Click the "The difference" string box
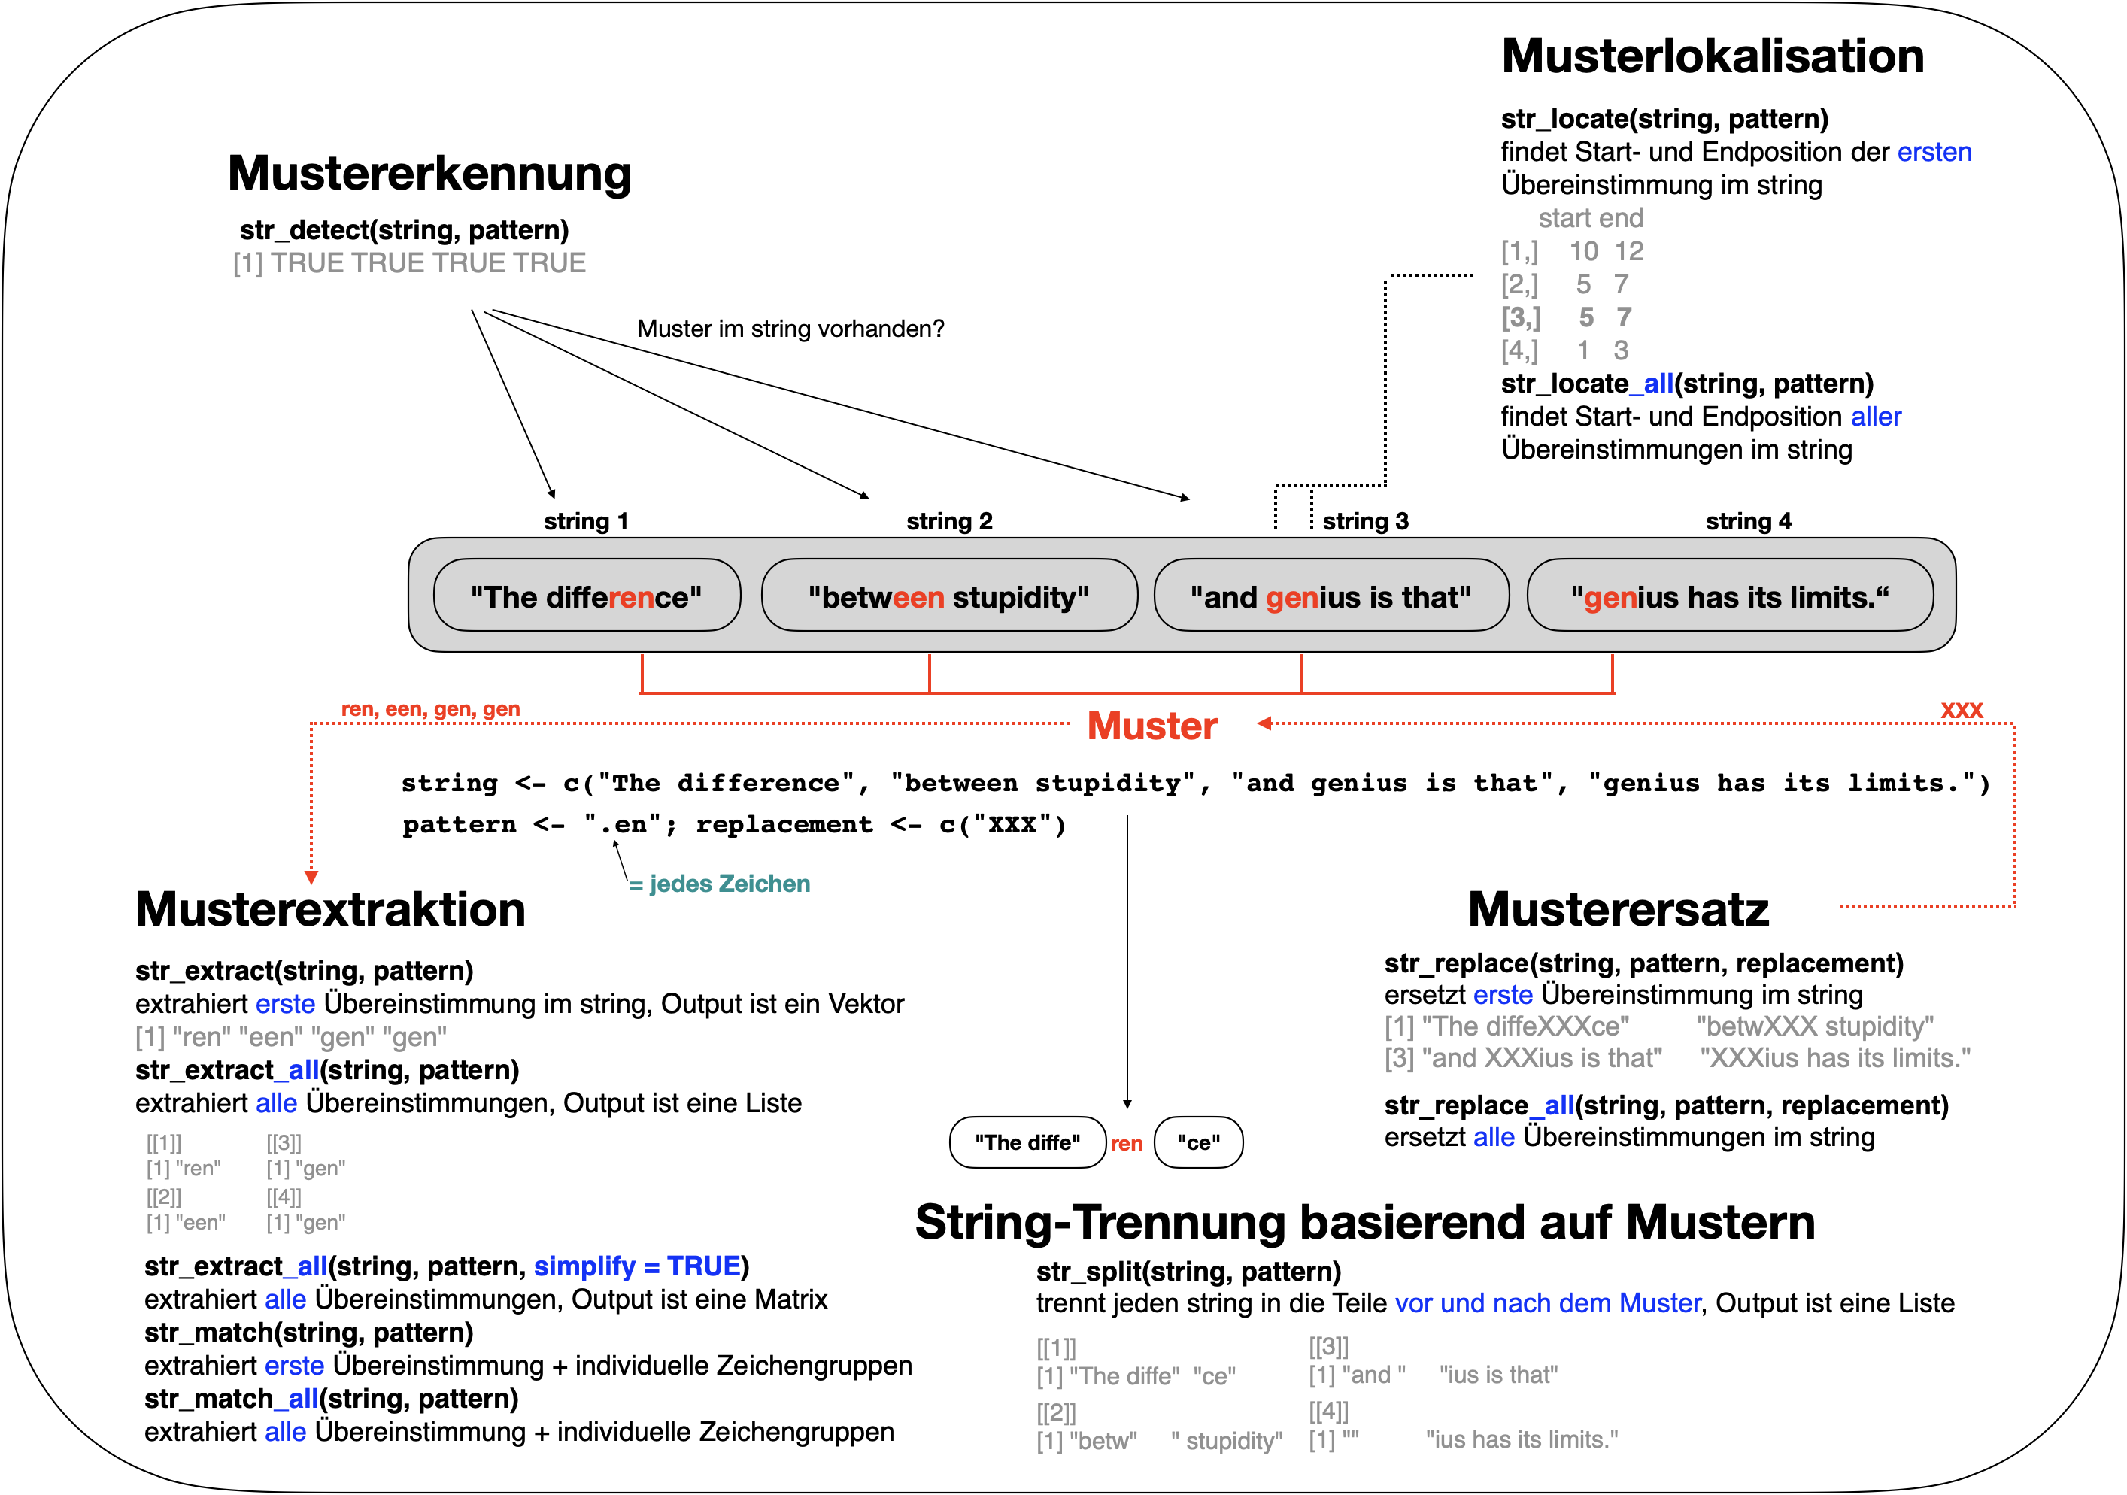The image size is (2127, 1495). pyautogui.click(x=587, y=596)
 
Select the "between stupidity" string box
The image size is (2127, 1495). pyautogui.click(x=948, y=596)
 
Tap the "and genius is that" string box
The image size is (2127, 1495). pyautogui.click(x=1331, y=596)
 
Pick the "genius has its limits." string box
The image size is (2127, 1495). pyautogui.click(x=1728, y=596)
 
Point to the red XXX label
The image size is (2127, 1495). pyautogui.click(x=1962, y=711)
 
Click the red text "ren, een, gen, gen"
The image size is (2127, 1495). pyautogui.click(x=431, y=709)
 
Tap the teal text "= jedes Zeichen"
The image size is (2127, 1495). pyautogui.click(x=720, y=884)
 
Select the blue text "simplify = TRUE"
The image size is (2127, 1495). pyautogui.click(x=636, y=1266)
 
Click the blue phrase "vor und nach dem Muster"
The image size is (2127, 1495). pyautogui.click(x=1548, y=1303)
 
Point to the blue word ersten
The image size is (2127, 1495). pyautogui.click(x=1934, y=152)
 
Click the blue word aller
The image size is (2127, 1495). pyautogui.click(x=1875, y=417)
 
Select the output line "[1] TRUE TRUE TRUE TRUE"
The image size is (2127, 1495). pyautogui.click(x=409, y=263)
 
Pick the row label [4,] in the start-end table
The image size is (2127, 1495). pyautogui.click(x=1519, y=351)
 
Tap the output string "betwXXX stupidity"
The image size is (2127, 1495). pyautogui.click(x=1814, y=1026)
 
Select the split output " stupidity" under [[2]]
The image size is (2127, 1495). pyautogui.click(x=1227, y=1440)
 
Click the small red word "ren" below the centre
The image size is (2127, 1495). pyautogui.click(x=1127, y=1144)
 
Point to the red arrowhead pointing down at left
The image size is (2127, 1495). pyautogui.click(x=311, y=877)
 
